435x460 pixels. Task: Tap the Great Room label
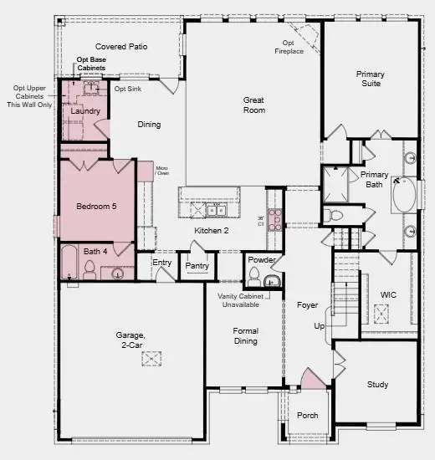(x=253, y=105)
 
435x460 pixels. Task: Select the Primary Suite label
(x=370, y=79)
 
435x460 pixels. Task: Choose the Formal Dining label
(x=245, y=335)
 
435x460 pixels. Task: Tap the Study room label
(x=377, y=385)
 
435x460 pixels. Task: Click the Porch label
(x=308, y=415)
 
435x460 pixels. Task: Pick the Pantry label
(x=197, y=266)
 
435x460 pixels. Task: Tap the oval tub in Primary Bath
(x=402, y=194)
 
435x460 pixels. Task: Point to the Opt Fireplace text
(x=289, y=47)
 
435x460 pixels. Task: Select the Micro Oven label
(x=162, y=171)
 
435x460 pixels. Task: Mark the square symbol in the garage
(x=151, y=359)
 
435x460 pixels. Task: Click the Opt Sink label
(x=126, y=89)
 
